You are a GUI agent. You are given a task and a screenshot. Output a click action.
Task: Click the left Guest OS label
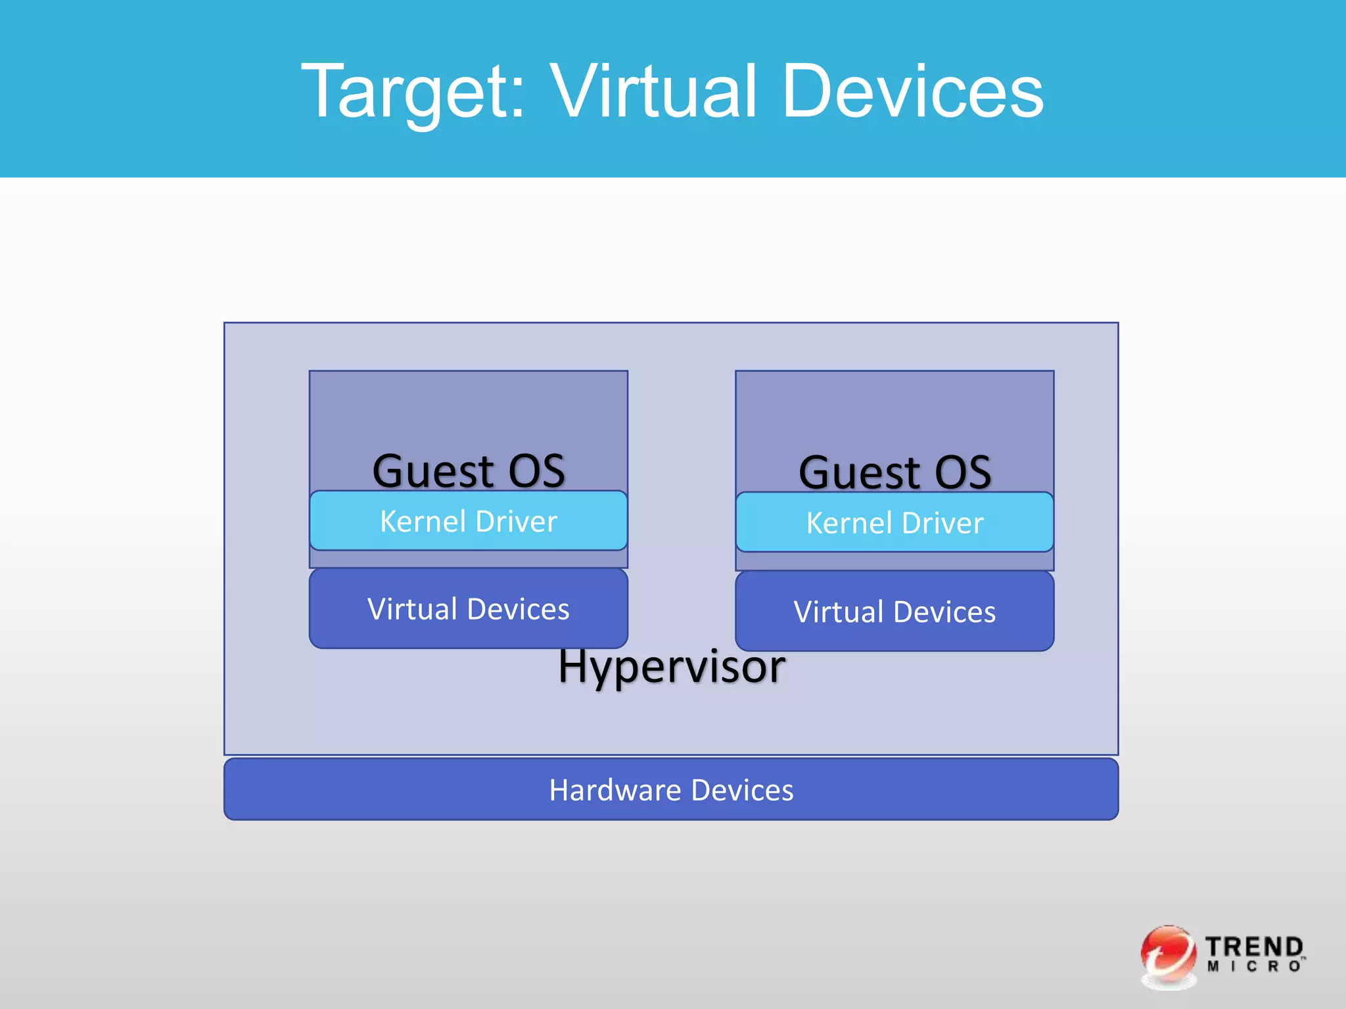468,471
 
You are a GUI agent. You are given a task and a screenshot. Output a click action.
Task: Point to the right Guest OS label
894,472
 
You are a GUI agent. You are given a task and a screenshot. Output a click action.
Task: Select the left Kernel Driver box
468,521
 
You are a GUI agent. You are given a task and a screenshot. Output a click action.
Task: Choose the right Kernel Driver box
894,523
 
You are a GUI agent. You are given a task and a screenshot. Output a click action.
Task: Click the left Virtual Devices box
468,609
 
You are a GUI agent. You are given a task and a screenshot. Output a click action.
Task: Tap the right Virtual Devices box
894,612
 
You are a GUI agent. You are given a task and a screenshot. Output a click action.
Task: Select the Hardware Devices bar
671,790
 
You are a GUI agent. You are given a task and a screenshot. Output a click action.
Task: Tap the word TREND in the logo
1254,947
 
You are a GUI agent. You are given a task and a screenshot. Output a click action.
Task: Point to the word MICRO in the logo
1254,966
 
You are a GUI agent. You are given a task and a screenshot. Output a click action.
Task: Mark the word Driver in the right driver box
943,523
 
